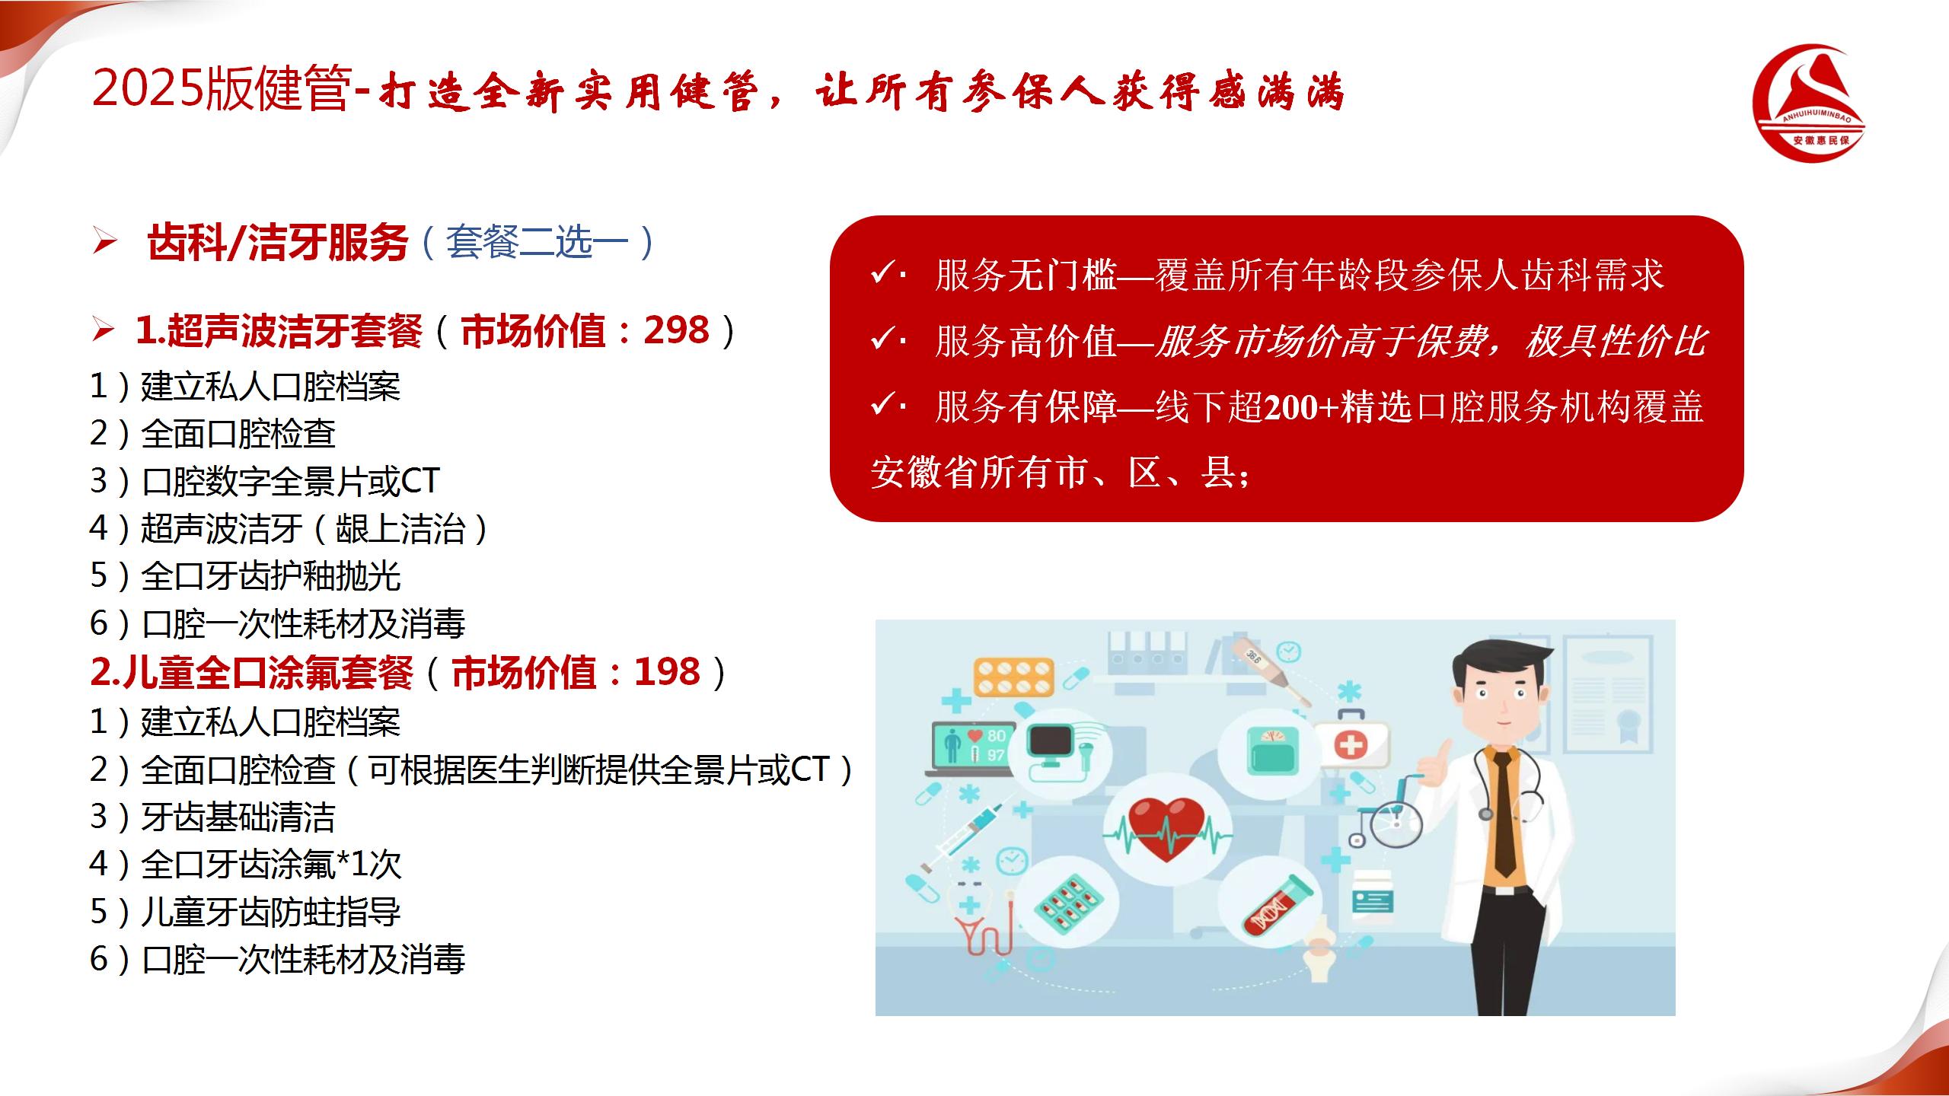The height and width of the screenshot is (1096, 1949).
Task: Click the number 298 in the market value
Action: pos(676,330)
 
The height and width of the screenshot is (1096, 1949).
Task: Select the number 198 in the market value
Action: pos(667,672)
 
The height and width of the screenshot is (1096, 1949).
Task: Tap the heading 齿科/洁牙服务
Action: pos(278,243)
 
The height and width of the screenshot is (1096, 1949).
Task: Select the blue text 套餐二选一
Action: pos(537,243)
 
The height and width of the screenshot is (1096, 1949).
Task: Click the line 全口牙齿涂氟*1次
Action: pos(271,864)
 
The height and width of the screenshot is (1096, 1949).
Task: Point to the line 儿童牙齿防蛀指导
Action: pos(271,911)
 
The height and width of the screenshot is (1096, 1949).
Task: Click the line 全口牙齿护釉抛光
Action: pos(271,575)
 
